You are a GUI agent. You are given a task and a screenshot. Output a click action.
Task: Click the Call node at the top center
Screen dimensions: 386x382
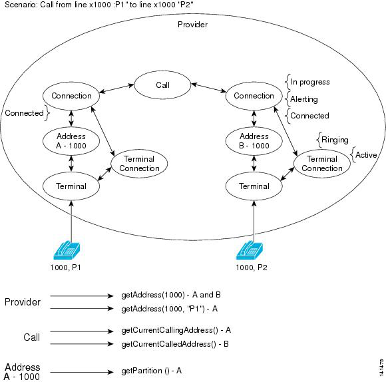[162, 85]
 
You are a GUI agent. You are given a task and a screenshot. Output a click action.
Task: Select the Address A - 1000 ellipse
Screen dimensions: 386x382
[71, 141]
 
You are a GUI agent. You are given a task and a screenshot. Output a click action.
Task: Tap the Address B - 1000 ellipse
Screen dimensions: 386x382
[254, 141]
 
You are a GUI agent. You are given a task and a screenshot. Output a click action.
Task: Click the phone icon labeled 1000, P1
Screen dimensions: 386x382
[67, 250]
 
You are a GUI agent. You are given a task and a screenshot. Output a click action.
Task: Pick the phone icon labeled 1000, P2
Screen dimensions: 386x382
[250, 250]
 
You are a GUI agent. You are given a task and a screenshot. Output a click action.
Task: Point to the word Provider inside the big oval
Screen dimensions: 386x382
[192, 25]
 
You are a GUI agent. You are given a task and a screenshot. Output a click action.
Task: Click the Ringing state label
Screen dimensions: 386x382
[335, 140]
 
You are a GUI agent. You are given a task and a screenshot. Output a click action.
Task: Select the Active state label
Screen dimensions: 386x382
[366, 155]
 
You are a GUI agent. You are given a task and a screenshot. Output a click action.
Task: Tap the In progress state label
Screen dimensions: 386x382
[310, 82]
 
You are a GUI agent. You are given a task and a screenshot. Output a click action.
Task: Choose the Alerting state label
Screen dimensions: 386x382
[304, 99]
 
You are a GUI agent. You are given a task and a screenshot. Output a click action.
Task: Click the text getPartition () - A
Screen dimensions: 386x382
[151, 371]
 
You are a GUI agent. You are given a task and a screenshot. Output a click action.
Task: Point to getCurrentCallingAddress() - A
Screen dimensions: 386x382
[176, 330]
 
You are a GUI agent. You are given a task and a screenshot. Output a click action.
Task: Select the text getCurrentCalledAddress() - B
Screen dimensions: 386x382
[175, 343]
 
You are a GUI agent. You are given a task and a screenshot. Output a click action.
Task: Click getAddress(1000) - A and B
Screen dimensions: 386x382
[171, 295]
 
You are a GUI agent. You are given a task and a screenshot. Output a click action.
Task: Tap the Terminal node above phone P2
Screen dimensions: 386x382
[254, 186]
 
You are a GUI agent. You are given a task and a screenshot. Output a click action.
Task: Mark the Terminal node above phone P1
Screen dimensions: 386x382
[71, 186]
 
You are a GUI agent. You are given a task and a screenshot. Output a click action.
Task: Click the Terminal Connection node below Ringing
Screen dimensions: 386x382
[322, 164]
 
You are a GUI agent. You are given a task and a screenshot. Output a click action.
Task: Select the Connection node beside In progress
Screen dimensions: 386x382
[254, 96]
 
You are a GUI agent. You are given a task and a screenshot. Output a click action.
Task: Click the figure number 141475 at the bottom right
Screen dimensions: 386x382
[381, 368]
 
